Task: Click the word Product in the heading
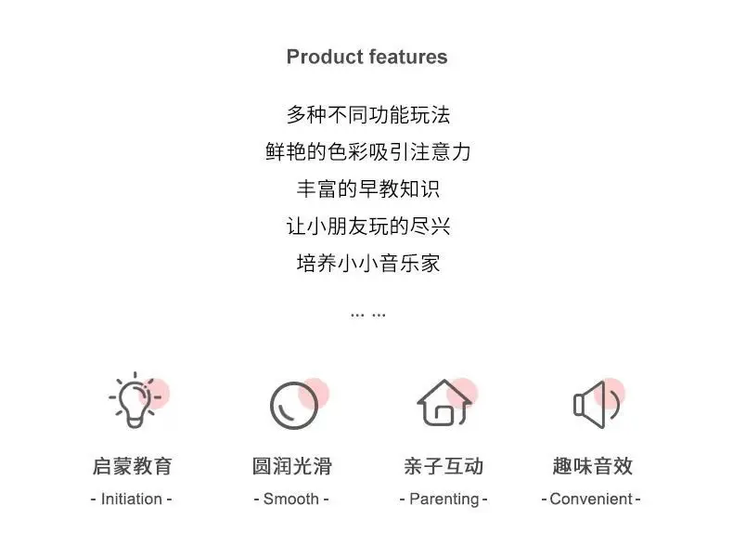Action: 322,57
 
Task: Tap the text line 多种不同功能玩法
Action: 368,115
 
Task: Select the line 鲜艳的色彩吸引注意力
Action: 368,152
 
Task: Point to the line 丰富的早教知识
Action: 368,189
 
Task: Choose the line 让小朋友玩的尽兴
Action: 368,227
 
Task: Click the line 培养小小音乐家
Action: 368,264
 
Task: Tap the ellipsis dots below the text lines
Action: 368,316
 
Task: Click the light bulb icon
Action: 135,400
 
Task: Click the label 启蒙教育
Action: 133,466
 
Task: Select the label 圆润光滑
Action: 291,466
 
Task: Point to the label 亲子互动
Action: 444,466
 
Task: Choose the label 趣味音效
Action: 592,466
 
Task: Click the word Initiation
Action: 132,500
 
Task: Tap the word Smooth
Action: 291,500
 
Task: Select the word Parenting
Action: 444,500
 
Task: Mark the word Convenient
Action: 591,500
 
